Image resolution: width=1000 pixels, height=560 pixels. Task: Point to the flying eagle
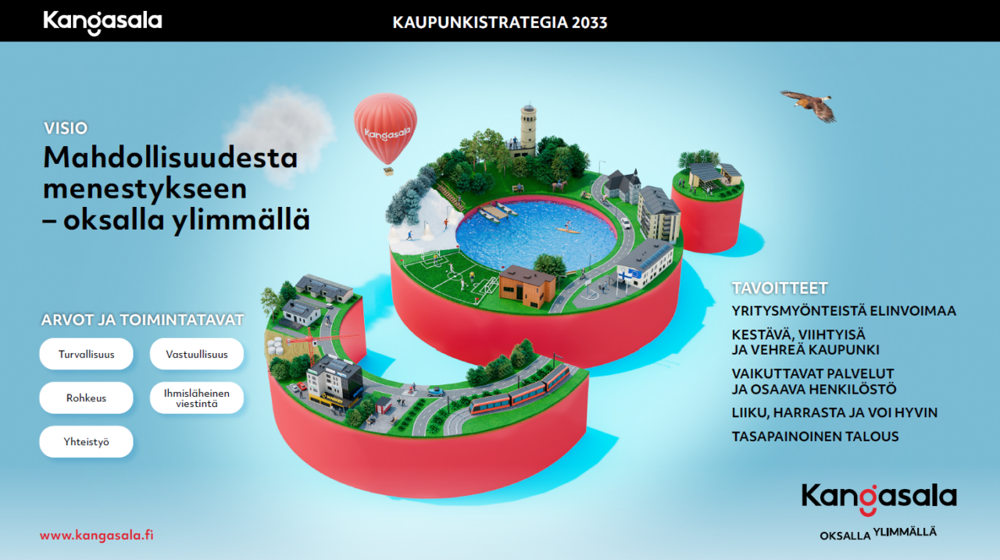click(809, 104)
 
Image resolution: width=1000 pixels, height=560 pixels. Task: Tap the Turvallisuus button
click(86, 354)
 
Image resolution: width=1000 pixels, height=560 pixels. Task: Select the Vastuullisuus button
click(197, 354)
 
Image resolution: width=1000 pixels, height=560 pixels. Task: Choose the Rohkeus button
click(86, 398)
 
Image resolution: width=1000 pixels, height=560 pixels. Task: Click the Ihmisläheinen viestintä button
click(197, 398)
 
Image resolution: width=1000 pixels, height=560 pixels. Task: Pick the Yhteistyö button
click(86, 441)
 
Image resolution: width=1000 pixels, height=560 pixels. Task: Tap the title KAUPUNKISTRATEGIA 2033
click(500, 23)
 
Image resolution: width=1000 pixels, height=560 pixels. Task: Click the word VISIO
click(66, 129)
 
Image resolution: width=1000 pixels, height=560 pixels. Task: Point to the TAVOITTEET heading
click(779, 288)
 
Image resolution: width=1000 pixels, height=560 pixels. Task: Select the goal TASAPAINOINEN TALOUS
click(815, 437)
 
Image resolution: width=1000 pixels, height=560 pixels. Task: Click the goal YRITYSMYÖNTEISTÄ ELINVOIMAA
click(844, 311)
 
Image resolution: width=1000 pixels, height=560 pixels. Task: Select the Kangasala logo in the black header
click(102, 22)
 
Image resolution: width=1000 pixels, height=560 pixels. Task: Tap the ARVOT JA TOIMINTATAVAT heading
click(142, 319)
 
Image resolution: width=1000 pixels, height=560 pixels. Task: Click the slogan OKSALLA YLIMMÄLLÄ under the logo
click(877, 534)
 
